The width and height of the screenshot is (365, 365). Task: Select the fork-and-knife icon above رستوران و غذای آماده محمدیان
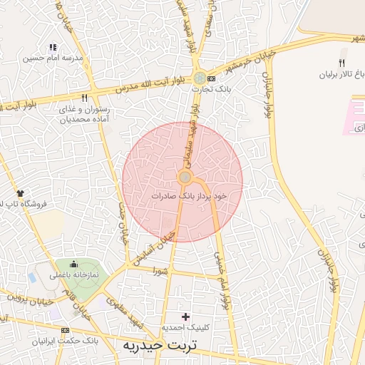(x=85, y=98)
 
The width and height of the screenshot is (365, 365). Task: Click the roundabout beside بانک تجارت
(x=201, y=78)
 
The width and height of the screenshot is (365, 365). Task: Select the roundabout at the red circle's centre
(x=185, y=177)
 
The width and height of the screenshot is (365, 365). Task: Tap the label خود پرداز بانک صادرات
(x=190, y=195)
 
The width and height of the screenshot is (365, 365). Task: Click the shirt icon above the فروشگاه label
(x=19, y=193)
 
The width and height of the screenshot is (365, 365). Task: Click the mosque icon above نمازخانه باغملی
(x=73, y=264)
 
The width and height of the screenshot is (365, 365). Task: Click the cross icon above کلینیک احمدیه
(x=187, y=317)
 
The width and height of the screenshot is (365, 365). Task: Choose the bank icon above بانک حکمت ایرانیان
(x=66, y=331)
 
